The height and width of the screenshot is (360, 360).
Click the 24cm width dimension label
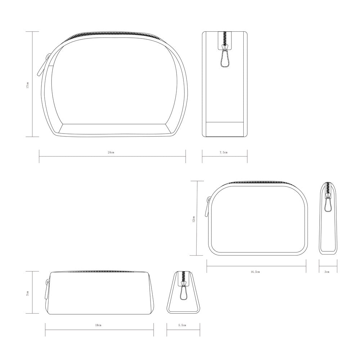(x=111, y=152)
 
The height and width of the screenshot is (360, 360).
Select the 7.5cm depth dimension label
(x=224, y=152)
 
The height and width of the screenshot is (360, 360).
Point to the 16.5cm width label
(x=255, y=272)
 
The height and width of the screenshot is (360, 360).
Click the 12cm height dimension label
(x=194, y=219)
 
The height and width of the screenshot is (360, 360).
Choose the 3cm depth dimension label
(x=327, y=272)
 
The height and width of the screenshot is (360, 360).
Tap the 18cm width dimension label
(x=98, y=325)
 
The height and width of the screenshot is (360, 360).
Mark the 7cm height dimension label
(x=28, y=293)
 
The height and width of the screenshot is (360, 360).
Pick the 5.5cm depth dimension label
(x=182, y=325)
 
